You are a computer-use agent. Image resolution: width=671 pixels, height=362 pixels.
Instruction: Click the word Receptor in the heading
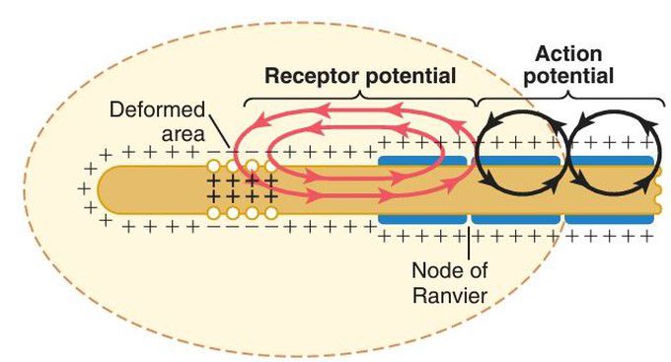tap(311, 77)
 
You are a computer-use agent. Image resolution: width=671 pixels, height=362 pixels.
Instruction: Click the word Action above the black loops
tap(568, 54)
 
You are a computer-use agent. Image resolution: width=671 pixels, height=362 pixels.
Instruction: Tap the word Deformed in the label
tap(157, 109)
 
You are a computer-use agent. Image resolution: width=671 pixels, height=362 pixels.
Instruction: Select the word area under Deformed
tap(183, 134)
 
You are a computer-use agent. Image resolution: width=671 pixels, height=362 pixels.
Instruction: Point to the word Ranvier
tap(449, 295)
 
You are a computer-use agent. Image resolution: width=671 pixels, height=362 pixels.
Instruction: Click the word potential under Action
tap(568, 77)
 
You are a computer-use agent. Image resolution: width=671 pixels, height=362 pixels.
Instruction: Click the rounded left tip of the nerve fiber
tap(99, 189)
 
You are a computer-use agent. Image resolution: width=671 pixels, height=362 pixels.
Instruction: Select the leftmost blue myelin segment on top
tap(422, 161)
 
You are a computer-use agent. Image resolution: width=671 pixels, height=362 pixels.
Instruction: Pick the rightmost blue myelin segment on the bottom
tap(609, 219)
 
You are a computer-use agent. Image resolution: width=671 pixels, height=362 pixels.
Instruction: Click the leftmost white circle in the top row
tap(213, 166)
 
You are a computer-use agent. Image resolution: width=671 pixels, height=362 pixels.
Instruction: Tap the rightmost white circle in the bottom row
tap(270, 213)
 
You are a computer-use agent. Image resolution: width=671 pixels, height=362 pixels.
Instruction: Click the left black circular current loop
tap(477, 154)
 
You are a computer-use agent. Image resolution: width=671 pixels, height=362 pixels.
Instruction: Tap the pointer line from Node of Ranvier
tap(469, 244)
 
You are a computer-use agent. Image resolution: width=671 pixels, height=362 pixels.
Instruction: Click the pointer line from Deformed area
tap(220, 132)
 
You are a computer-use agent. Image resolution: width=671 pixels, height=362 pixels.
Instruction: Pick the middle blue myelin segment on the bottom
tap(516, 219)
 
